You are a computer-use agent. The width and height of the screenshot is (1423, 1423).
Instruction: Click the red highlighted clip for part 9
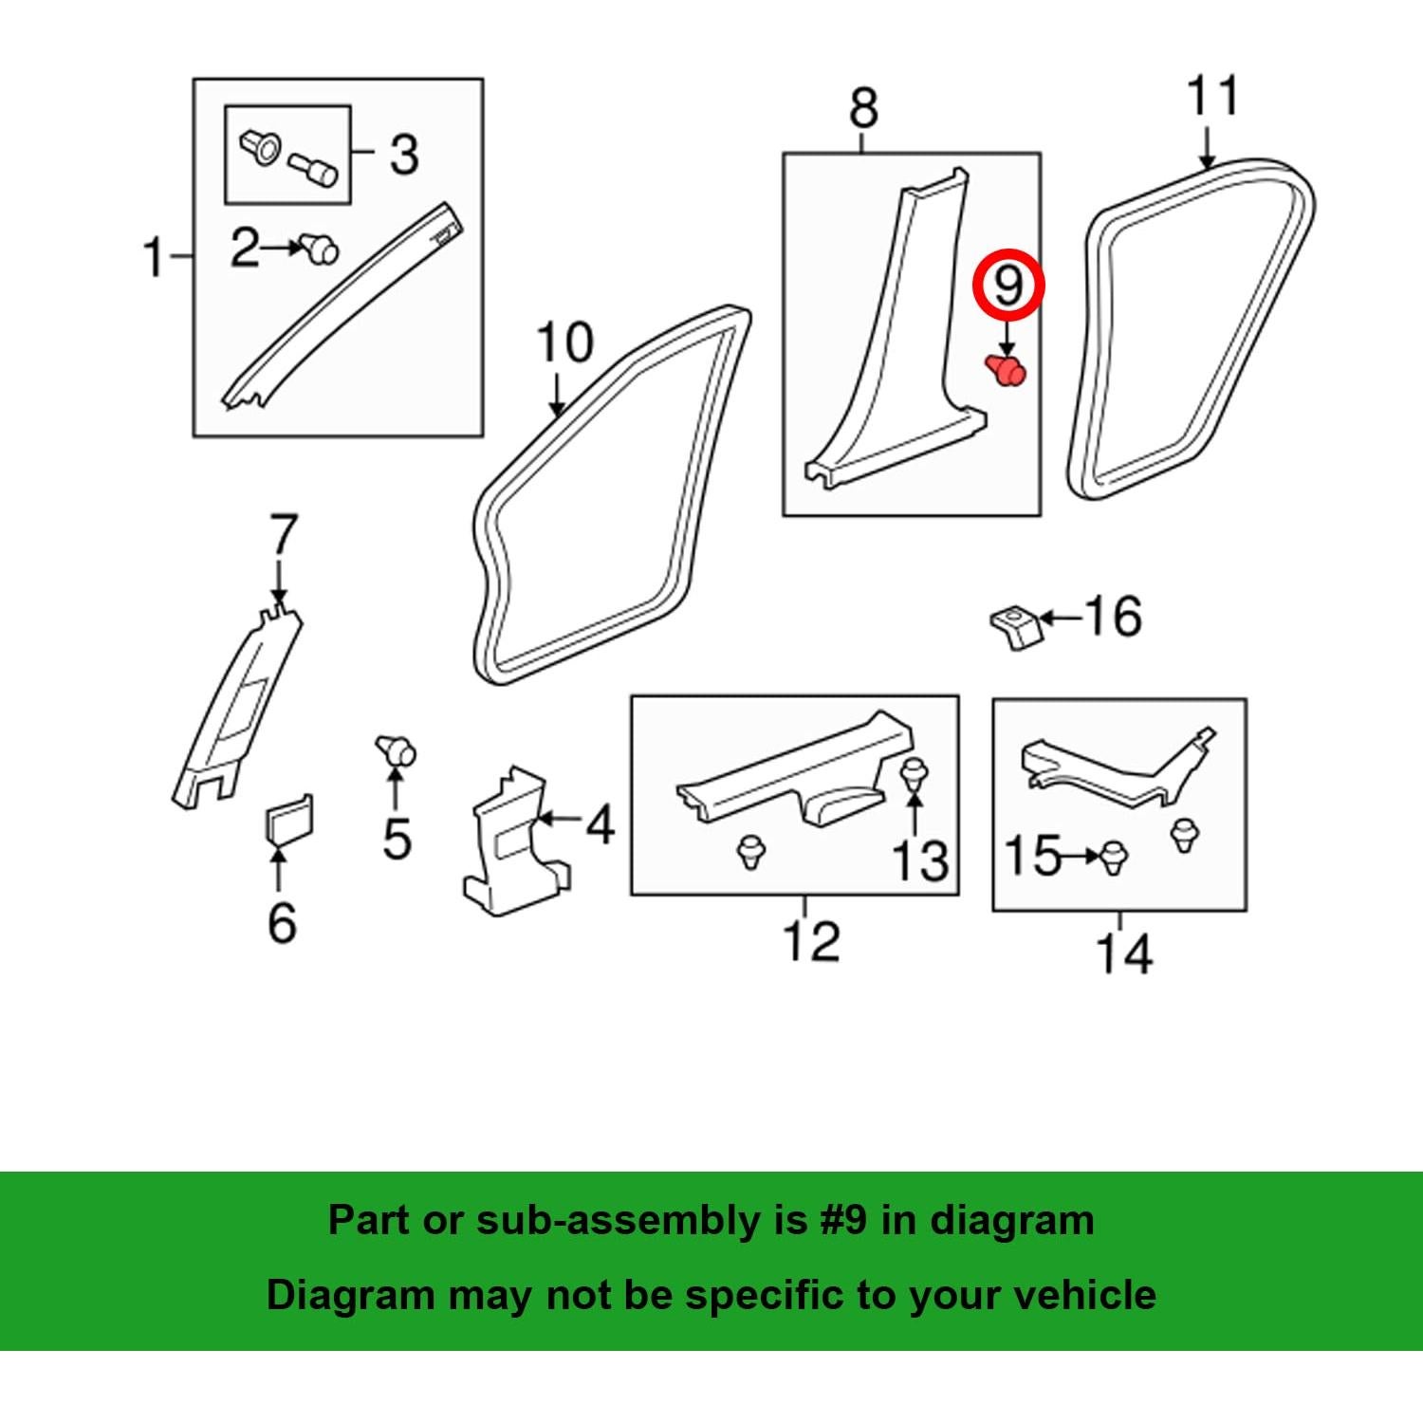point(1007,370)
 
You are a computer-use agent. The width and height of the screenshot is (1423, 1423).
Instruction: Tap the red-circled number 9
point(1007,285)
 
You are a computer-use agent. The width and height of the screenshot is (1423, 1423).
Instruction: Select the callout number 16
point(1112,617)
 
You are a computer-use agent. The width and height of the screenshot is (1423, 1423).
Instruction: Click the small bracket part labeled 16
point(1016,628)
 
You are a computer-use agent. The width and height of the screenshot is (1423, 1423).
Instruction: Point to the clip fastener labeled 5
point(396,750)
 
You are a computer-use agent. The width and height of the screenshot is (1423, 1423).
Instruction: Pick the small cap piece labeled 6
point(289,818)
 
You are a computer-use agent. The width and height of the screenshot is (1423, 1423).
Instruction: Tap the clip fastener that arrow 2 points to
point(320,249)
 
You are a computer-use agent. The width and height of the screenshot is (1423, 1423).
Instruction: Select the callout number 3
point(403,154)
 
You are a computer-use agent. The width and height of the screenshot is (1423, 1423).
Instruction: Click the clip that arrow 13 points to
point(914,774)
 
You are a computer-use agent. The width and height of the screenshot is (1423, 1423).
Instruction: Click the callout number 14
point(1124,953)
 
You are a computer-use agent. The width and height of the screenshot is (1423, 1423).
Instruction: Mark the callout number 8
point(863,108)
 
